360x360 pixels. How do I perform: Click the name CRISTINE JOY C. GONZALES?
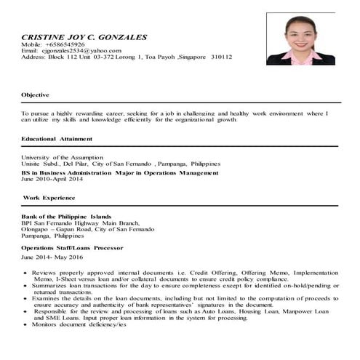tap(84, 36)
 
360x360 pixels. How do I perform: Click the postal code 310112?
tap(217, 56)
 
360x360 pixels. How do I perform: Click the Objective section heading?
tap(35, 95)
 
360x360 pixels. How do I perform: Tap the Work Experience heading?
tap(49, 197)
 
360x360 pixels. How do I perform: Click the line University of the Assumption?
tap(63, 156)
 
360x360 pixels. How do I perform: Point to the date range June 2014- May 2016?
tap(52, 257)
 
